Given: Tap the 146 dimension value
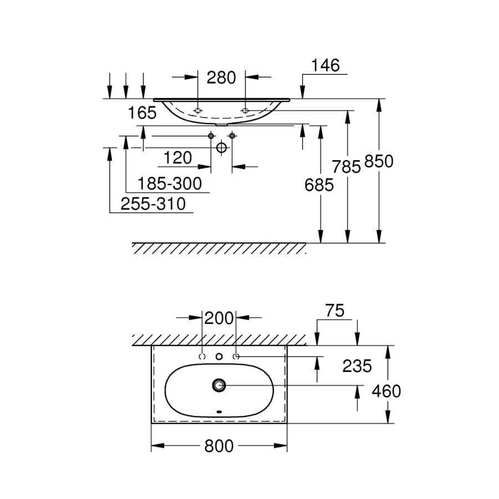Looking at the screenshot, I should [x=324, y=65].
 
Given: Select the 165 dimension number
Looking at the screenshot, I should [x=142, y=113].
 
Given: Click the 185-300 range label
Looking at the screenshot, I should [x=169, y=182].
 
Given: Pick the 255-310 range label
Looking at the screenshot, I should [x=153, y=203].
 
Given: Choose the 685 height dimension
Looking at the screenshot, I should [x=319, y=185].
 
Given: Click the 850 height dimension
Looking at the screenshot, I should [x=379, y=161].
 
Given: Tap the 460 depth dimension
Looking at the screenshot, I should [x=385, y=391].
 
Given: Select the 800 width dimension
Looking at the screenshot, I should [x=219, y=446].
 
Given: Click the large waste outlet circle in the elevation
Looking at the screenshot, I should [x=221, y=147].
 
